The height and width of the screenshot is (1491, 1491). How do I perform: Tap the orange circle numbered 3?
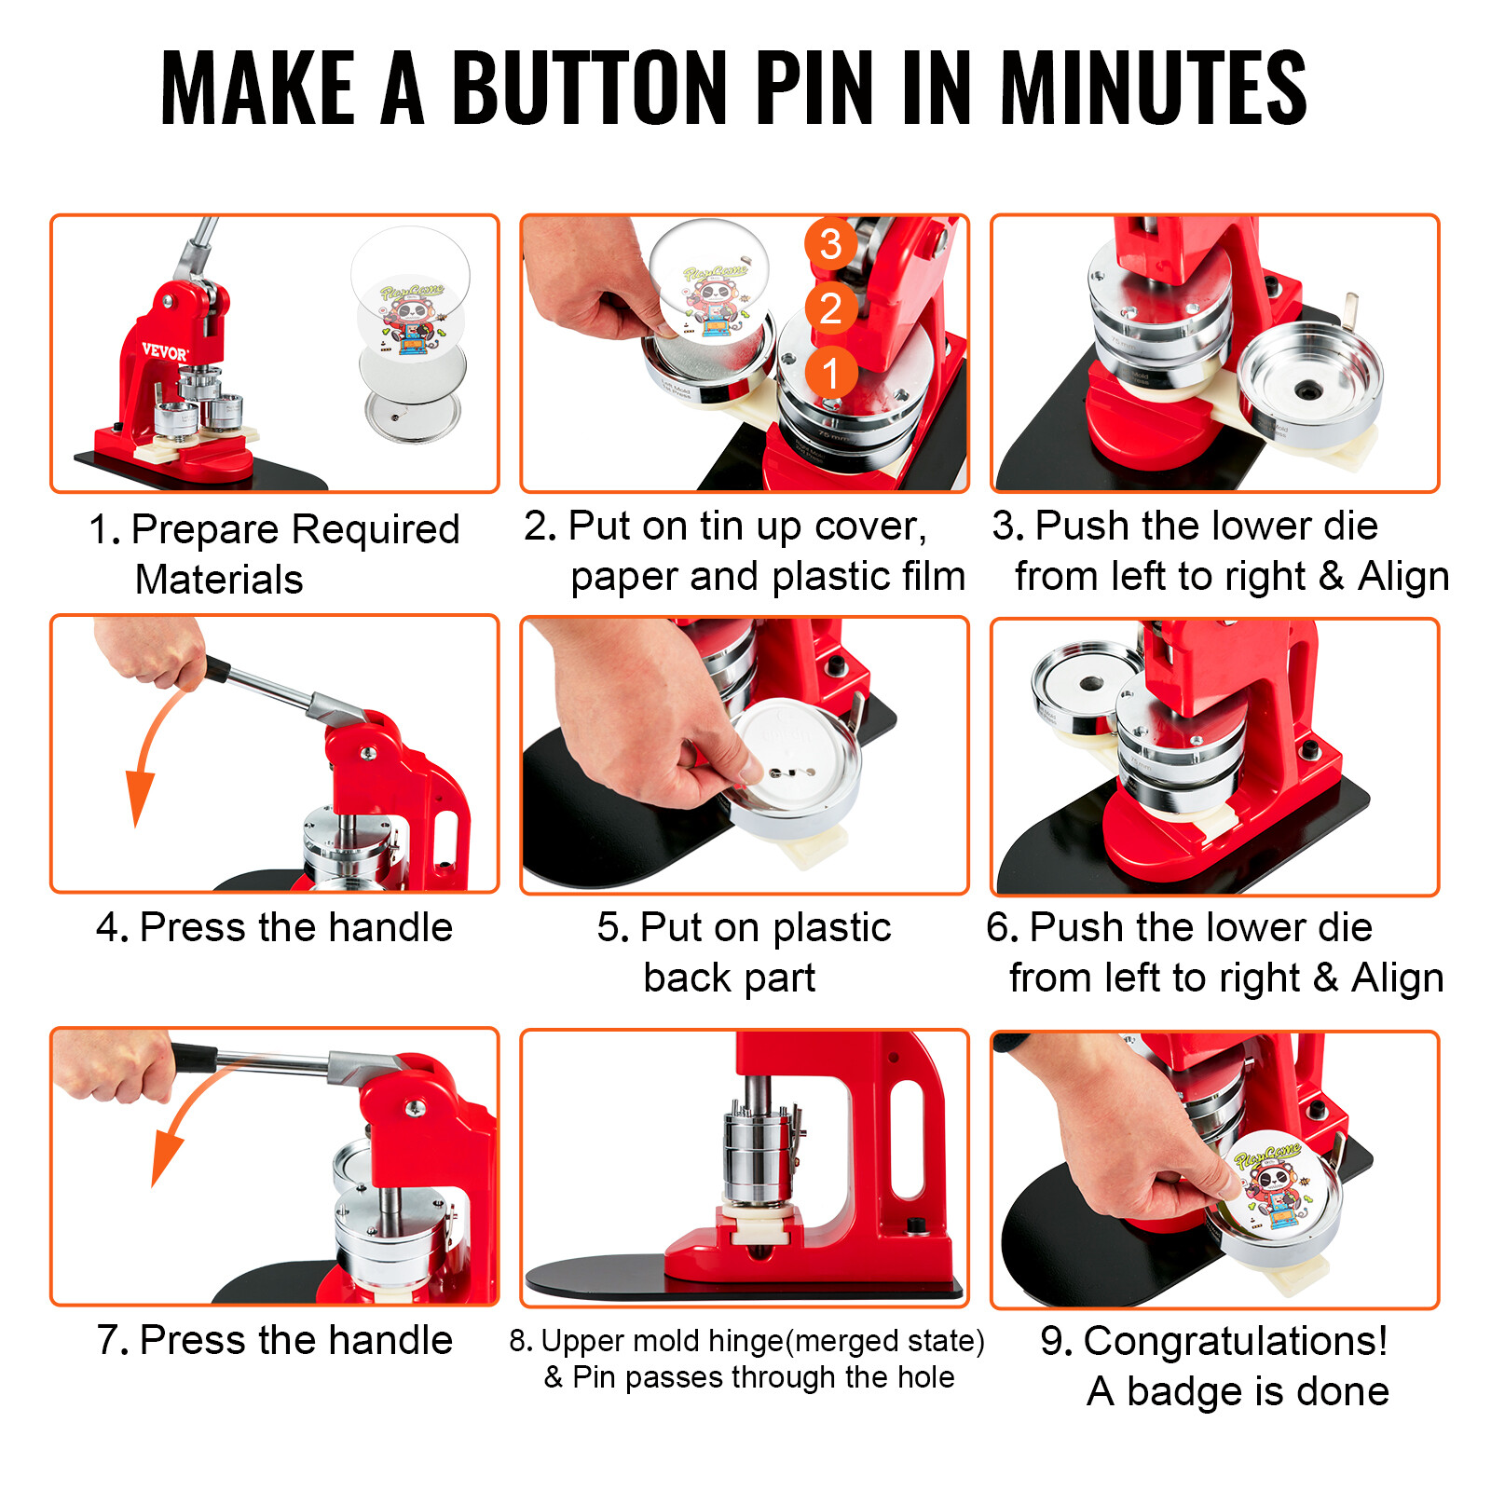click(830, 244)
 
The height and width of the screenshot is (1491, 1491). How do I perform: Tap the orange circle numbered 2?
click(830, 308)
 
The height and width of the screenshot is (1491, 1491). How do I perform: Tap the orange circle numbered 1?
click(830, 373)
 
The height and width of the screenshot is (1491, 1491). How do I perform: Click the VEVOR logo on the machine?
click(164, 352)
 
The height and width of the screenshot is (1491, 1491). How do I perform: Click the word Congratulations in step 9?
click(1235, 1341)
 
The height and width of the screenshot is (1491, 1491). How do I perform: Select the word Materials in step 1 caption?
click(219, 580)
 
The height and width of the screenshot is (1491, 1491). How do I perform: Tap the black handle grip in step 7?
click(194, 1058)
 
